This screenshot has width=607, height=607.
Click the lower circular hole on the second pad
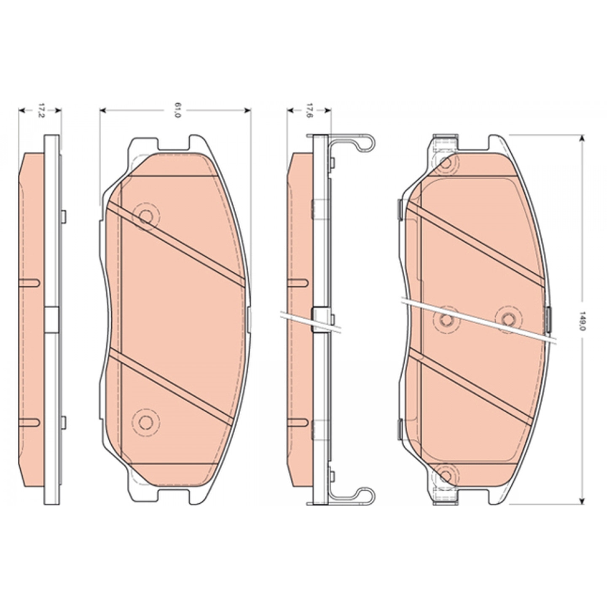pyautogui.click(x=145, y=422)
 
